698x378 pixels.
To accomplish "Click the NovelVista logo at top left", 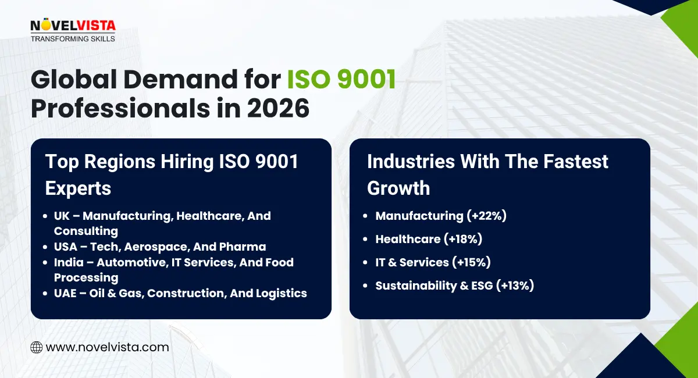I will (73, 27).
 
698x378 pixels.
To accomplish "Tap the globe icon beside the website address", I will (36, 347).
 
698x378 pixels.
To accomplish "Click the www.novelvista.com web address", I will (107, 347).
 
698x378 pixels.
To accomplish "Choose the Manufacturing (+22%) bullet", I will (441, 216).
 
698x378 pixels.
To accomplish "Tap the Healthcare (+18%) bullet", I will (429, 239).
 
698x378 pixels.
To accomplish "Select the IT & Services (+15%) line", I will (433, 262).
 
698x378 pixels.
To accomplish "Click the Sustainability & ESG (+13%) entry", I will (454, 286).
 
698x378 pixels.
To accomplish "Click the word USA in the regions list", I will (66, 247).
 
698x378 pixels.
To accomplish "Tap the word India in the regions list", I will (69, 262).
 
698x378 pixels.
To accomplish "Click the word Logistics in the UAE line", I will (282, 293).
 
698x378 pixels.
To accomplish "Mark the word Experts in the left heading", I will (78, 188).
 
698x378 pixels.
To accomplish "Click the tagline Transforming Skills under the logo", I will (72, 38).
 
